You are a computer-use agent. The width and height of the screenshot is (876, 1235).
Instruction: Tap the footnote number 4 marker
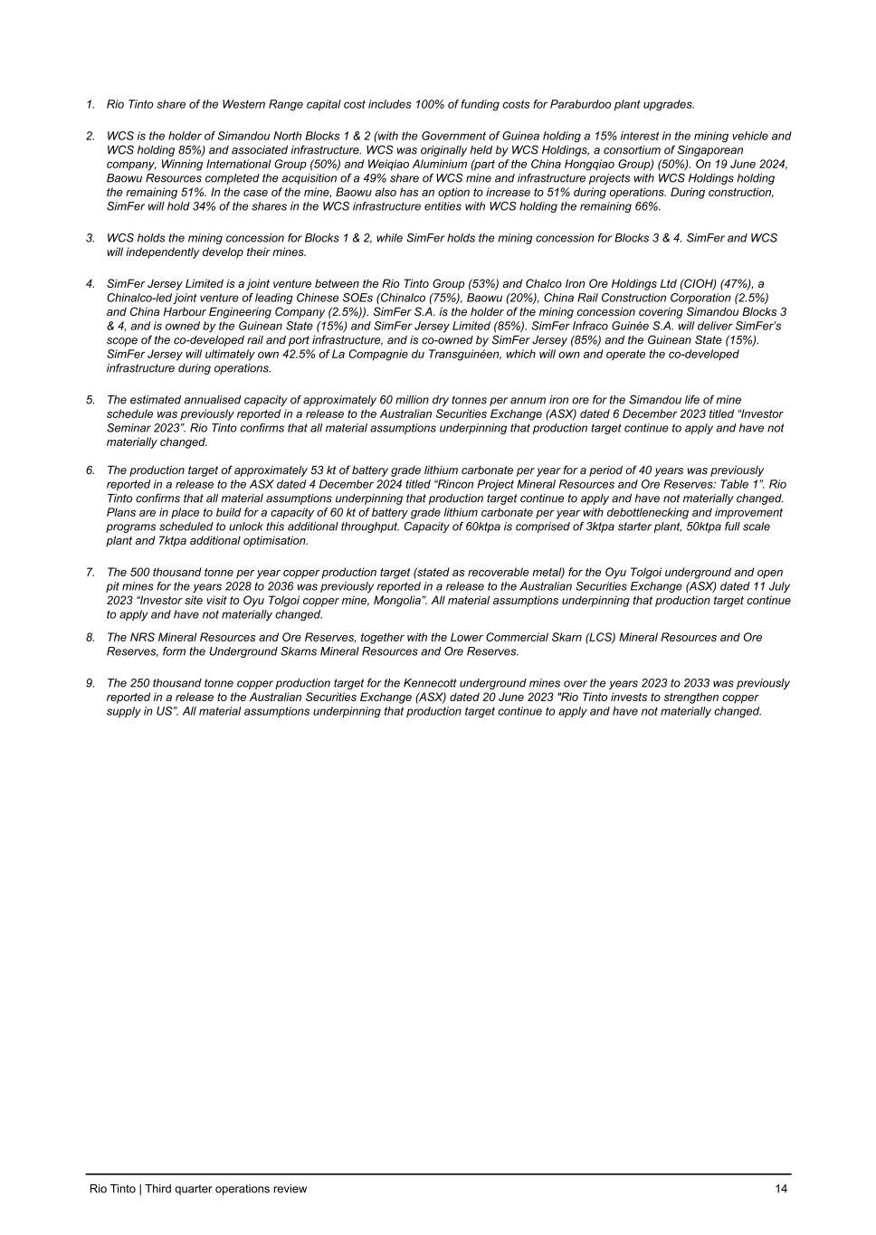click(90, 283)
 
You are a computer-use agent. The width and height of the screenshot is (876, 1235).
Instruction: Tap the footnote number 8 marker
click(90, 637)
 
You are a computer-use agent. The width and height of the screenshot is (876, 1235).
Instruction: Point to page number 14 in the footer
click(781, 1189)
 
